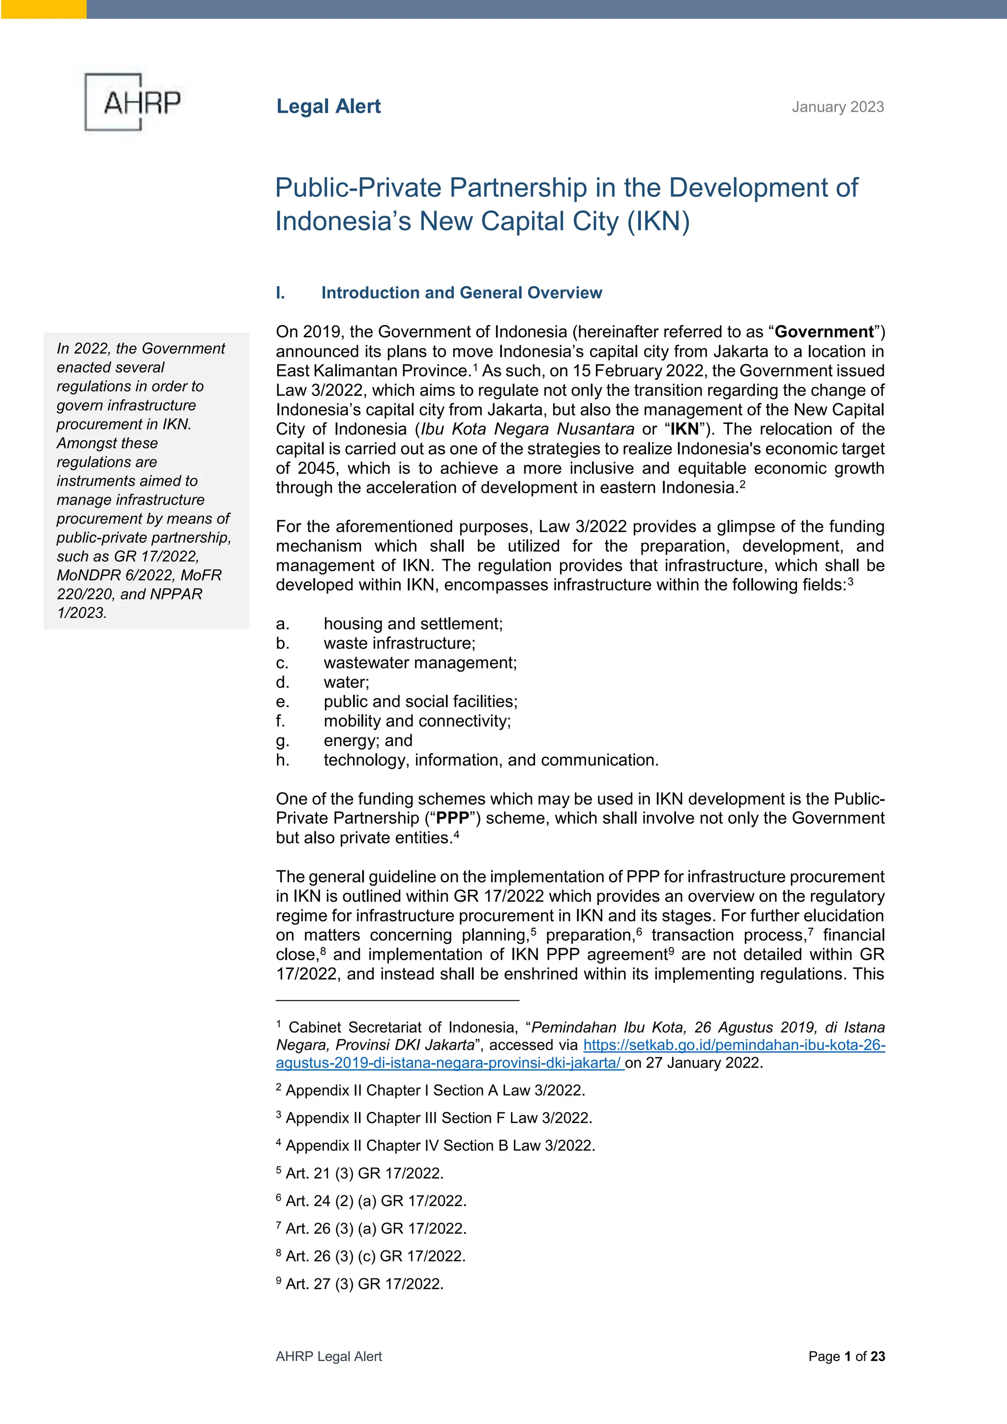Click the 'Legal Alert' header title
tap(328, 107)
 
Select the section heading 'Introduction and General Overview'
tap(461, 293)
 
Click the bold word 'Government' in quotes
tap(824, 332)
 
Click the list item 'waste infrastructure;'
tap(399, 643)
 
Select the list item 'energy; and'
tap(368, 741)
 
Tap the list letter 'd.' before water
tap(283, 682)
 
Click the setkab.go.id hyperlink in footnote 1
tap(734, 1045)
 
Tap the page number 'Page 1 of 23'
tap(846, 1357)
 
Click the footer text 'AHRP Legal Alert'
tap(328, 1357)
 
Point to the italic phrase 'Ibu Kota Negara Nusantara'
tap(528, 429)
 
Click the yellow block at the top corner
tap(43, 9)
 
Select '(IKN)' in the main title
tap(658, 221)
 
